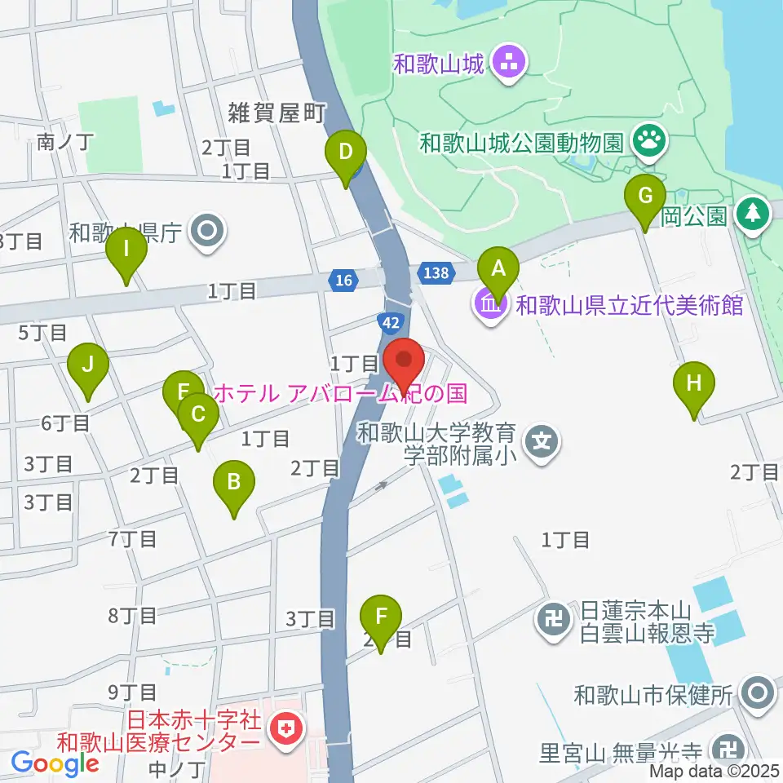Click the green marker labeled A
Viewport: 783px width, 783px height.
(x=498, y=268)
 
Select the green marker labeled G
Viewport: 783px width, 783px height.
(x=644, y=197)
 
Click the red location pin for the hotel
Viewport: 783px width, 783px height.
(x=403, y=360)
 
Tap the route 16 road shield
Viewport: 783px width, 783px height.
(x=345, y=281)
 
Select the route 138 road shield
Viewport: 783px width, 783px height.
(x=436, y=272)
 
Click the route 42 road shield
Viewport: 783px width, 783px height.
(x=391, y=322)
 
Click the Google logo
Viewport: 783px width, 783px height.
(x=55, y=763)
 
